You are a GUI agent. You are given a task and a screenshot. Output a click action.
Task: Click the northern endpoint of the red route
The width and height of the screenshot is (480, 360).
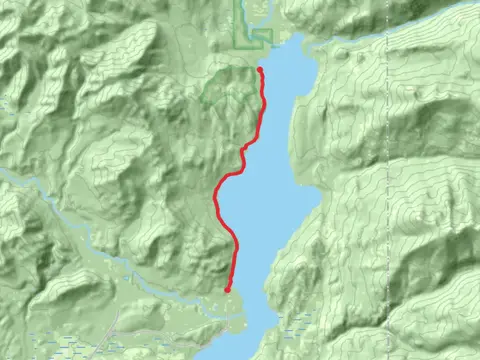click(260, 69)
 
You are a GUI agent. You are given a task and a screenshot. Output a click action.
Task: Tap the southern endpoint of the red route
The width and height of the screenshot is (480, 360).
click(228, 290)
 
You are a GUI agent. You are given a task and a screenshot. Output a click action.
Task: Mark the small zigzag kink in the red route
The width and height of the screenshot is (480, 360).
click(244, 149)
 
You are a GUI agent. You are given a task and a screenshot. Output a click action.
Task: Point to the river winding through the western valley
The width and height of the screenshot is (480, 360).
click(60, 200)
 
